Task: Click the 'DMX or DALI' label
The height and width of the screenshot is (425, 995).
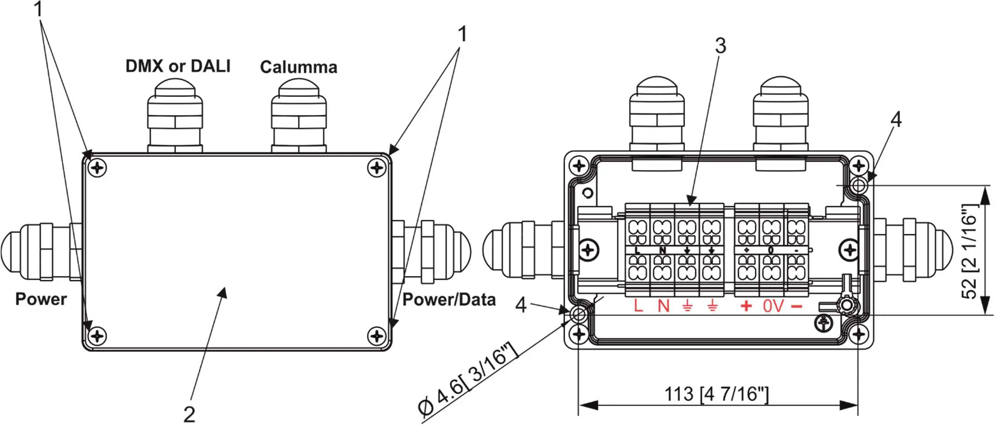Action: click(178, 66)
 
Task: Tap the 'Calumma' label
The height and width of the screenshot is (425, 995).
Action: click(298, 67)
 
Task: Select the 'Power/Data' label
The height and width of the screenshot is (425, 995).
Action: click(449, 299)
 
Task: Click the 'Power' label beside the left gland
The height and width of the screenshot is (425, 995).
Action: click(41, 299)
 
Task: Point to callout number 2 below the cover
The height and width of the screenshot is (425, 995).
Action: click(189, 414)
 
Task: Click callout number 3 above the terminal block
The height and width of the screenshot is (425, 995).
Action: click(720, 45)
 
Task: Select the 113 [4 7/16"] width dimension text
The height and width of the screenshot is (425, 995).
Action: click(716, 394)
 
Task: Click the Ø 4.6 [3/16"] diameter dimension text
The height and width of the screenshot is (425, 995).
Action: click(468, 379)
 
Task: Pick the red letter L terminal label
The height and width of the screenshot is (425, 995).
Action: click(638, 306)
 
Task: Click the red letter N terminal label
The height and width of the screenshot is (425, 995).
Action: click(663, 306)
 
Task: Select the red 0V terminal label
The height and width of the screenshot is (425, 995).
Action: click(773, 306)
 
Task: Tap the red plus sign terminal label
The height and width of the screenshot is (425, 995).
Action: click(746, 306)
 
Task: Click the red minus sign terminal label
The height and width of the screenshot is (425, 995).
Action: click(796, 306)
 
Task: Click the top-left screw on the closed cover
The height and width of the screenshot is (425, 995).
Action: click(97, 167)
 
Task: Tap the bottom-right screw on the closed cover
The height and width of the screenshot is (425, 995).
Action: click(377, 336)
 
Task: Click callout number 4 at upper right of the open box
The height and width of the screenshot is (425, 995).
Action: click(895, 119)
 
